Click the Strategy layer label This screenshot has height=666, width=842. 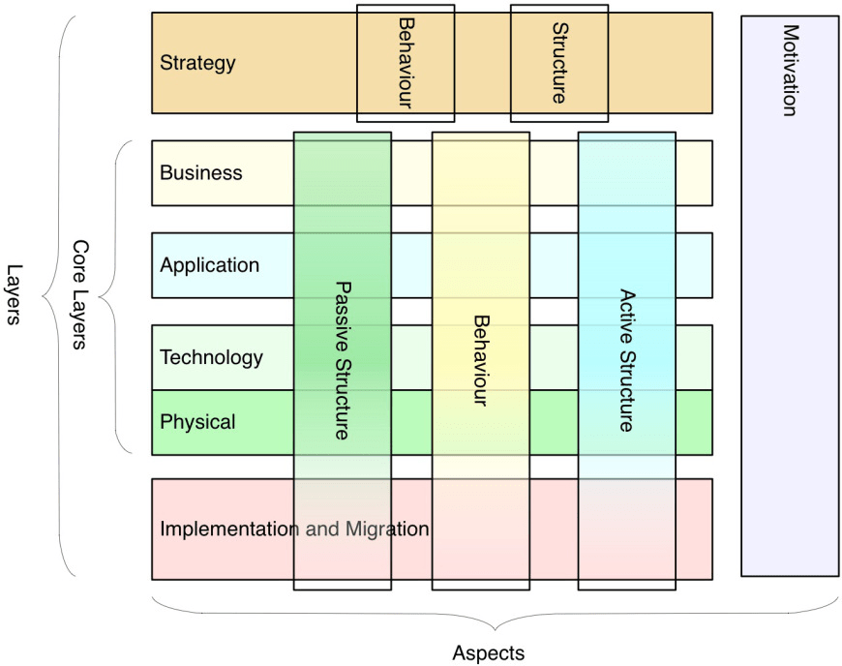[x=197, y=64]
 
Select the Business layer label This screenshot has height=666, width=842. [x=200, y=173]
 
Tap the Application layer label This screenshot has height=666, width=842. [x=209, y=265]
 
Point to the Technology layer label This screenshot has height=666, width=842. [x=211, y=357]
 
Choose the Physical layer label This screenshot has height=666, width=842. [x=197, y=422]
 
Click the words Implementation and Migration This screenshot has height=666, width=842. [x=293, y=530]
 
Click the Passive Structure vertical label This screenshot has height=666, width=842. [x=341, y=360]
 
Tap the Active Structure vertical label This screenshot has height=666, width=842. [x=625, y=360]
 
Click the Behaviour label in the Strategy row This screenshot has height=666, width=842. [x=405, y=63]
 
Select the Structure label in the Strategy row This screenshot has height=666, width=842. [x=558, y=63]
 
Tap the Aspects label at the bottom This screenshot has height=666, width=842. [x=488, y=653]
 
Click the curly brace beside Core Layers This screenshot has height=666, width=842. [x=113, y=296]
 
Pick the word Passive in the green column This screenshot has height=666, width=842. [x=341, y=308]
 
